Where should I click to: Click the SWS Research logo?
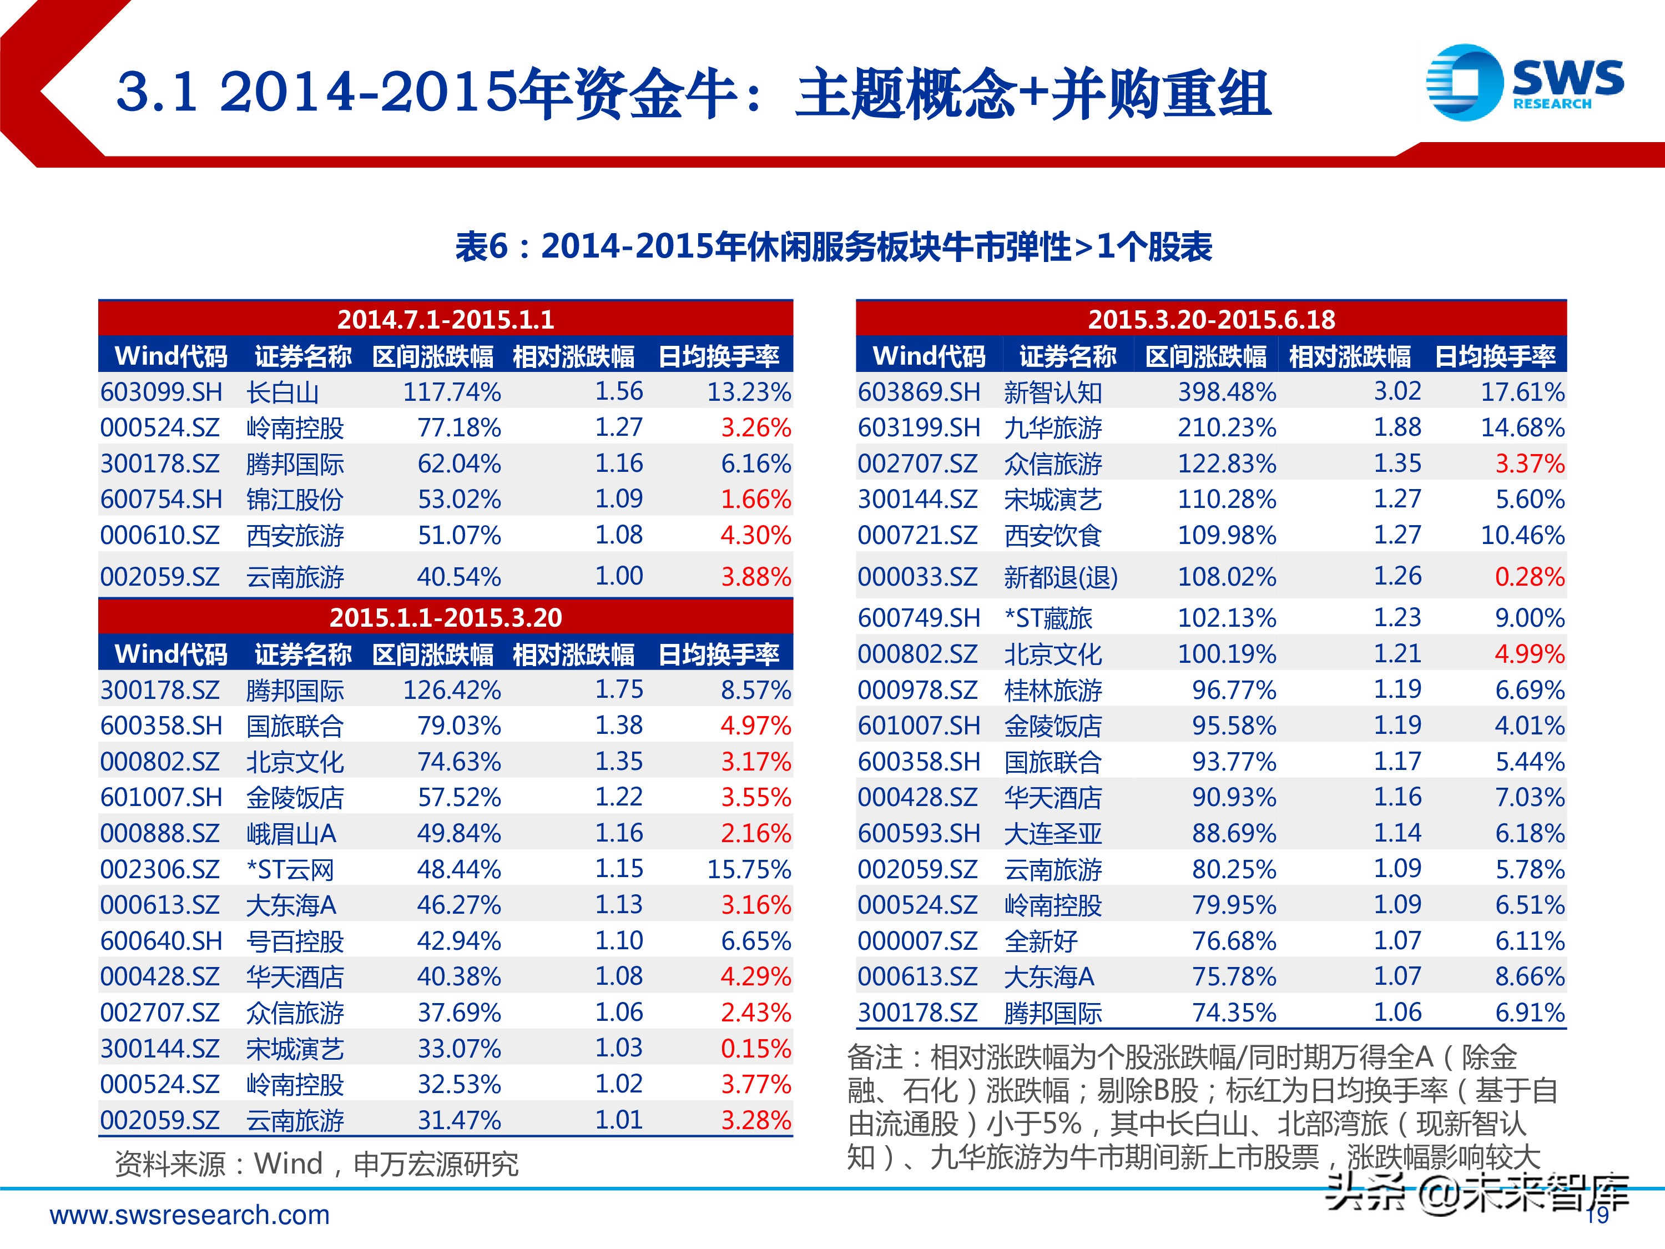tap(1523, 83)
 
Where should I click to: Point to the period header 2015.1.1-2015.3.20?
tap(446, 617)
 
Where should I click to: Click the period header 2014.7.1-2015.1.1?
tap(446, 319)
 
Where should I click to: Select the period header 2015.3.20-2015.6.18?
tap(1211, 319)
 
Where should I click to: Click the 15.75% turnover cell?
tap(748, 869)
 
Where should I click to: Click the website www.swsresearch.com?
tap(190, 1215)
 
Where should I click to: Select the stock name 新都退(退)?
tap(1060, 577)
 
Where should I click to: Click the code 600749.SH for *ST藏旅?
tap(919, 618)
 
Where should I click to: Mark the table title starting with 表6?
tap(833, 247)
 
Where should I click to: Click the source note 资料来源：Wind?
tap(316, 1164)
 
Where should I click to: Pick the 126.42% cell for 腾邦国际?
tap(452, 689)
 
